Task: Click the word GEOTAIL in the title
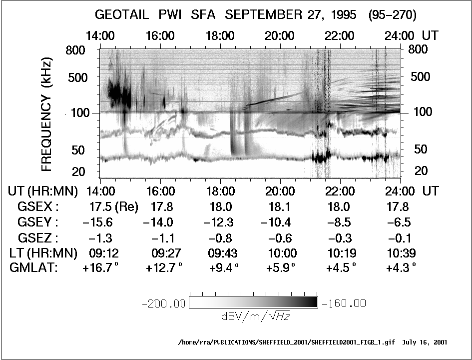(x=122, y=15)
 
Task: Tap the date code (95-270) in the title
(x=392, y=15)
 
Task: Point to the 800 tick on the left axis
(x=75, y=50)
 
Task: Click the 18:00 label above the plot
(x=220, y=36)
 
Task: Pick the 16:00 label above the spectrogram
(x=161, y=36)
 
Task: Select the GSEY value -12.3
(x=220, y=221)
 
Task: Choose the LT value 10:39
(x=401, y=253)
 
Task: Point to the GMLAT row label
(x=33, y=268)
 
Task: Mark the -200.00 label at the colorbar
(x=164, y=303)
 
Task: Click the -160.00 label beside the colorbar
(x=344, y=303)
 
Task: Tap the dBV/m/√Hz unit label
(x=255, y=316)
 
